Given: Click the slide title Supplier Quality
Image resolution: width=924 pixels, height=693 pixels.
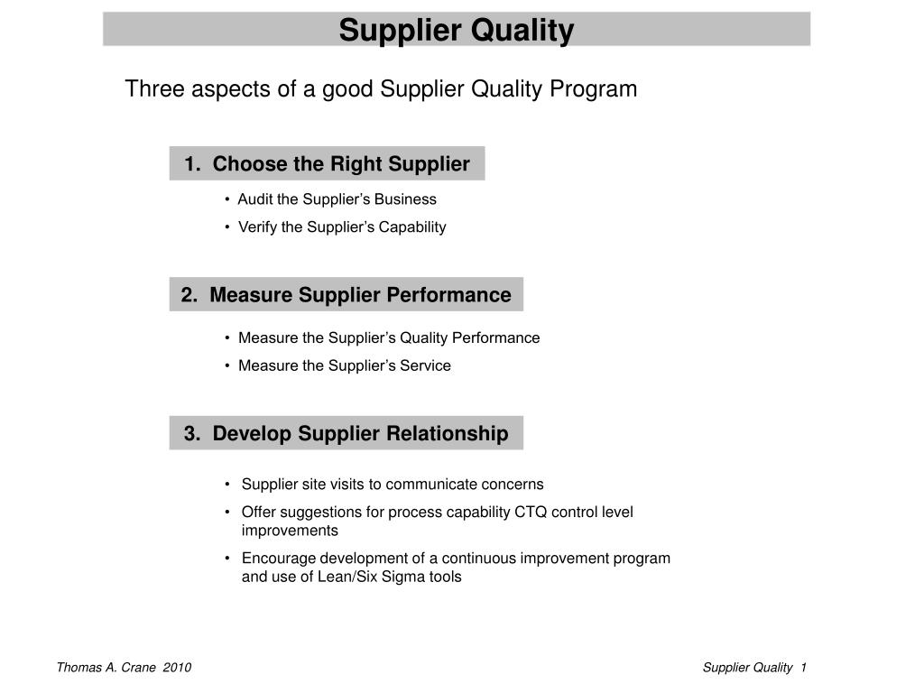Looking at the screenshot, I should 456,31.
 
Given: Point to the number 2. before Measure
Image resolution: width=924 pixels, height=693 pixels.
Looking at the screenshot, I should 189,295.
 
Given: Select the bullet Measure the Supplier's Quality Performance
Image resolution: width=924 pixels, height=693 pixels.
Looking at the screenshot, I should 388,338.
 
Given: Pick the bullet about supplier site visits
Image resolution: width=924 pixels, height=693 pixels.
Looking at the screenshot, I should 393,485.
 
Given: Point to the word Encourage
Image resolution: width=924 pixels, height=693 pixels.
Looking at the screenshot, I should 277,559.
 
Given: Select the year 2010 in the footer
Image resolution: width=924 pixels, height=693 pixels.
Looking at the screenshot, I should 178,668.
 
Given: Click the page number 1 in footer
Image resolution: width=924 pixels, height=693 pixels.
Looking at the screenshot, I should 803,668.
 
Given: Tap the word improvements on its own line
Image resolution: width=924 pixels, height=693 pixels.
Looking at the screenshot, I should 290,531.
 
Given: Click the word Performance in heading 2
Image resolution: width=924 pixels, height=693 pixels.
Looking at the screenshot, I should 448,295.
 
